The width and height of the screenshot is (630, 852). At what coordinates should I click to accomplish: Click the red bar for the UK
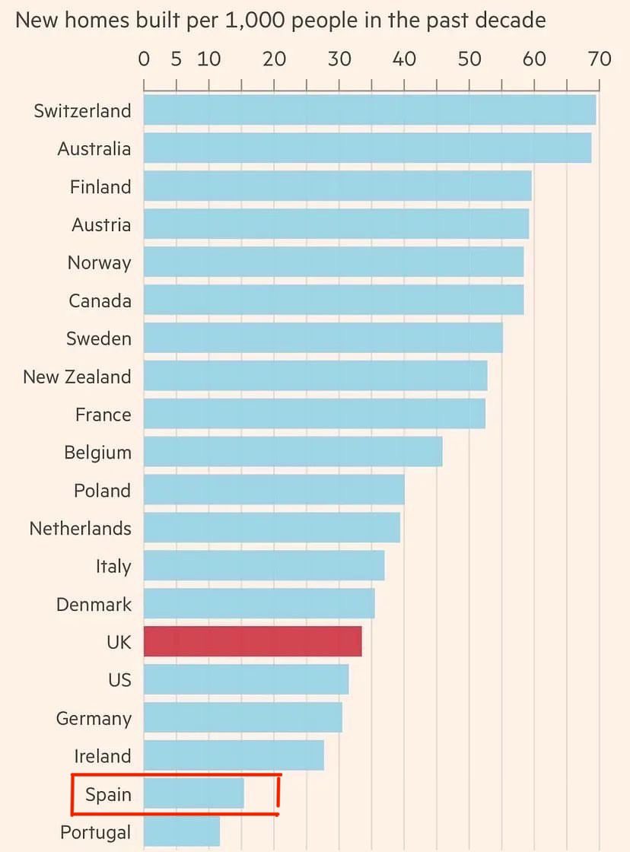[x=253, y=642]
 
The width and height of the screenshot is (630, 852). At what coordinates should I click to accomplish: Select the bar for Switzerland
[x=369, y=110]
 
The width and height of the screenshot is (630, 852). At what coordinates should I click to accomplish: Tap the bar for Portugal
[x=182, y=831]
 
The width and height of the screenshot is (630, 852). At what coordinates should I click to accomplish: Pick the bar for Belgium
[x=293, y=452]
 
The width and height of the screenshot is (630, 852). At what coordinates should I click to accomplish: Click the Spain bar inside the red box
[x=194, y=794]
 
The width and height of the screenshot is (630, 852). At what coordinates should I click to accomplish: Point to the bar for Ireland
[x=234, y=755]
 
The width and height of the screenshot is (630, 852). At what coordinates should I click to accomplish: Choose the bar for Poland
[x=274, y=490]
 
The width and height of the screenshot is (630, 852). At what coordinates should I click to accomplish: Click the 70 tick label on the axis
[x=600, y=59]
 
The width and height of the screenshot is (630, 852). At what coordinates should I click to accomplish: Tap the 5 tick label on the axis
[x=177, y=59]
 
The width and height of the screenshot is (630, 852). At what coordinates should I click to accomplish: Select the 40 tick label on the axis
[x=404, y=59]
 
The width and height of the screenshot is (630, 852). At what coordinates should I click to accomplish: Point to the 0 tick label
[x=144, y=59]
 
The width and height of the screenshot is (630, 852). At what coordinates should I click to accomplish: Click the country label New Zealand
[x=77, y=377]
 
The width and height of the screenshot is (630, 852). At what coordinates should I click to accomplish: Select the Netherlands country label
[x=80, y=528]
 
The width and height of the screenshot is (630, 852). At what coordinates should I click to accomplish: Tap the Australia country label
[x=94, y=148]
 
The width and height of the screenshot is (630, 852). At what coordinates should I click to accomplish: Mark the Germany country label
[x=94, y=718]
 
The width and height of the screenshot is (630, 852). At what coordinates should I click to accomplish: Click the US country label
[x=119, y=680]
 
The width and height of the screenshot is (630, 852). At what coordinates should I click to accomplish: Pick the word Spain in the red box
[x=108, y=795]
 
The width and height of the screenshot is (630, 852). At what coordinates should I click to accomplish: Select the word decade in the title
[x=511, y=19]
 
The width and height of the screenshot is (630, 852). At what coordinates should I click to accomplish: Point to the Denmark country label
[x=94, y=605]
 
